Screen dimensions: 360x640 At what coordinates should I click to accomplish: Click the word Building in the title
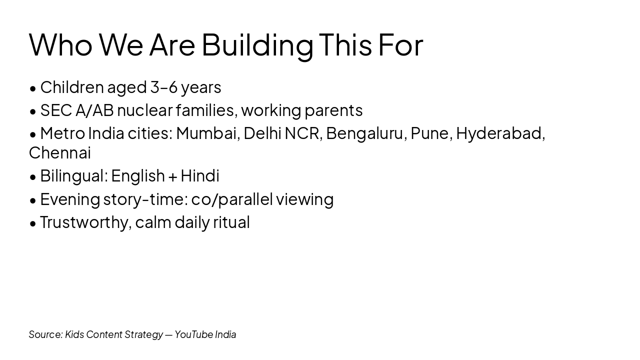click(257, 44)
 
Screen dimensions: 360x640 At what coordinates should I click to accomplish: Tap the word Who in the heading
click(60, 44)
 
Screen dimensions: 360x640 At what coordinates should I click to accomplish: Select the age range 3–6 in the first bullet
click(164, 87)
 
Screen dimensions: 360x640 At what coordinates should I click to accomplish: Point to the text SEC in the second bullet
click(56, 110)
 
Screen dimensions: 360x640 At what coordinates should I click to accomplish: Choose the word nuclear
click(144, 110)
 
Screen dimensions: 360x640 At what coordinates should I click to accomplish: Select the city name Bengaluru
click(365, 133)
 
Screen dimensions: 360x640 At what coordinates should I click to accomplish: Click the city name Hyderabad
click(499, 133)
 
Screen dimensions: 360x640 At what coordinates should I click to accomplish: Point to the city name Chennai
click(59, 153)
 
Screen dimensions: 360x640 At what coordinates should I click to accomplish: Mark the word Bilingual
click(73, 176)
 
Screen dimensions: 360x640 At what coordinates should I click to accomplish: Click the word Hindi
click(199, 176)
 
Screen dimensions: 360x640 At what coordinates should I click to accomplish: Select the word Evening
click(70, 199)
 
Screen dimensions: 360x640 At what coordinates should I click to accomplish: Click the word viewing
click(304, 199)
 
